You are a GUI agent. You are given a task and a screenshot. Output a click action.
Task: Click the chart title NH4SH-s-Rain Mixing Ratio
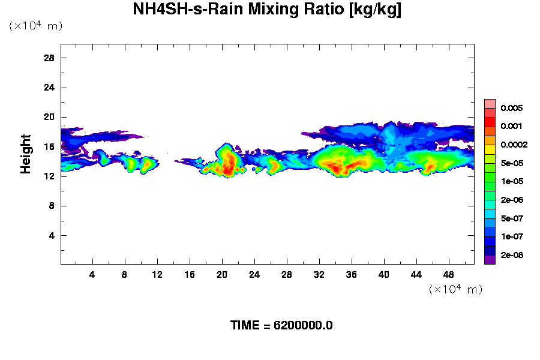267,10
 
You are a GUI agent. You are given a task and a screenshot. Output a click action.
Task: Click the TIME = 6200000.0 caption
281,325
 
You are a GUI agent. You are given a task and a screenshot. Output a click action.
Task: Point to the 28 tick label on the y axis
49,58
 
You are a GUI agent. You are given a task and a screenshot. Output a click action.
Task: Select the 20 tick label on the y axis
49,118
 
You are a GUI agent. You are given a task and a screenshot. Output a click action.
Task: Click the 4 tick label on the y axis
52,236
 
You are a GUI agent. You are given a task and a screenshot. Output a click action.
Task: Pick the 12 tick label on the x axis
157,274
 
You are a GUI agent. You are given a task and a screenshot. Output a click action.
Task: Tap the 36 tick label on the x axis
351,274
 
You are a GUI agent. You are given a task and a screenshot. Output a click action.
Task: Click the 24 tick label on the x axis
254,274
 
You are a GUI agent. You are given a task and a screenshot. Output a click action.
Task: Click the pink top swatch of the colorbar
490,104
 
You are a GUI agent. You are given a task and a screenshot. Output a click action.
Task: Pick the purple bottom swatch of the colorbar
490,260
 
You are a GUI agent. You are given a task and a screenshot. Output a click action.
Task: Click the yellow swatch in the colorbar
490,149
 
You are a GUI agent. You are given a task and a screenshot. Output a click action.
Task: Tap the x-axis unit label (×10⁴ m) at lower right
455,289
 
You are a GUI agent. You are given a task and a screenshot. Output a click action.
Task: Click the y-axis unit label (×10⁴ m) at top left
35,26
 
